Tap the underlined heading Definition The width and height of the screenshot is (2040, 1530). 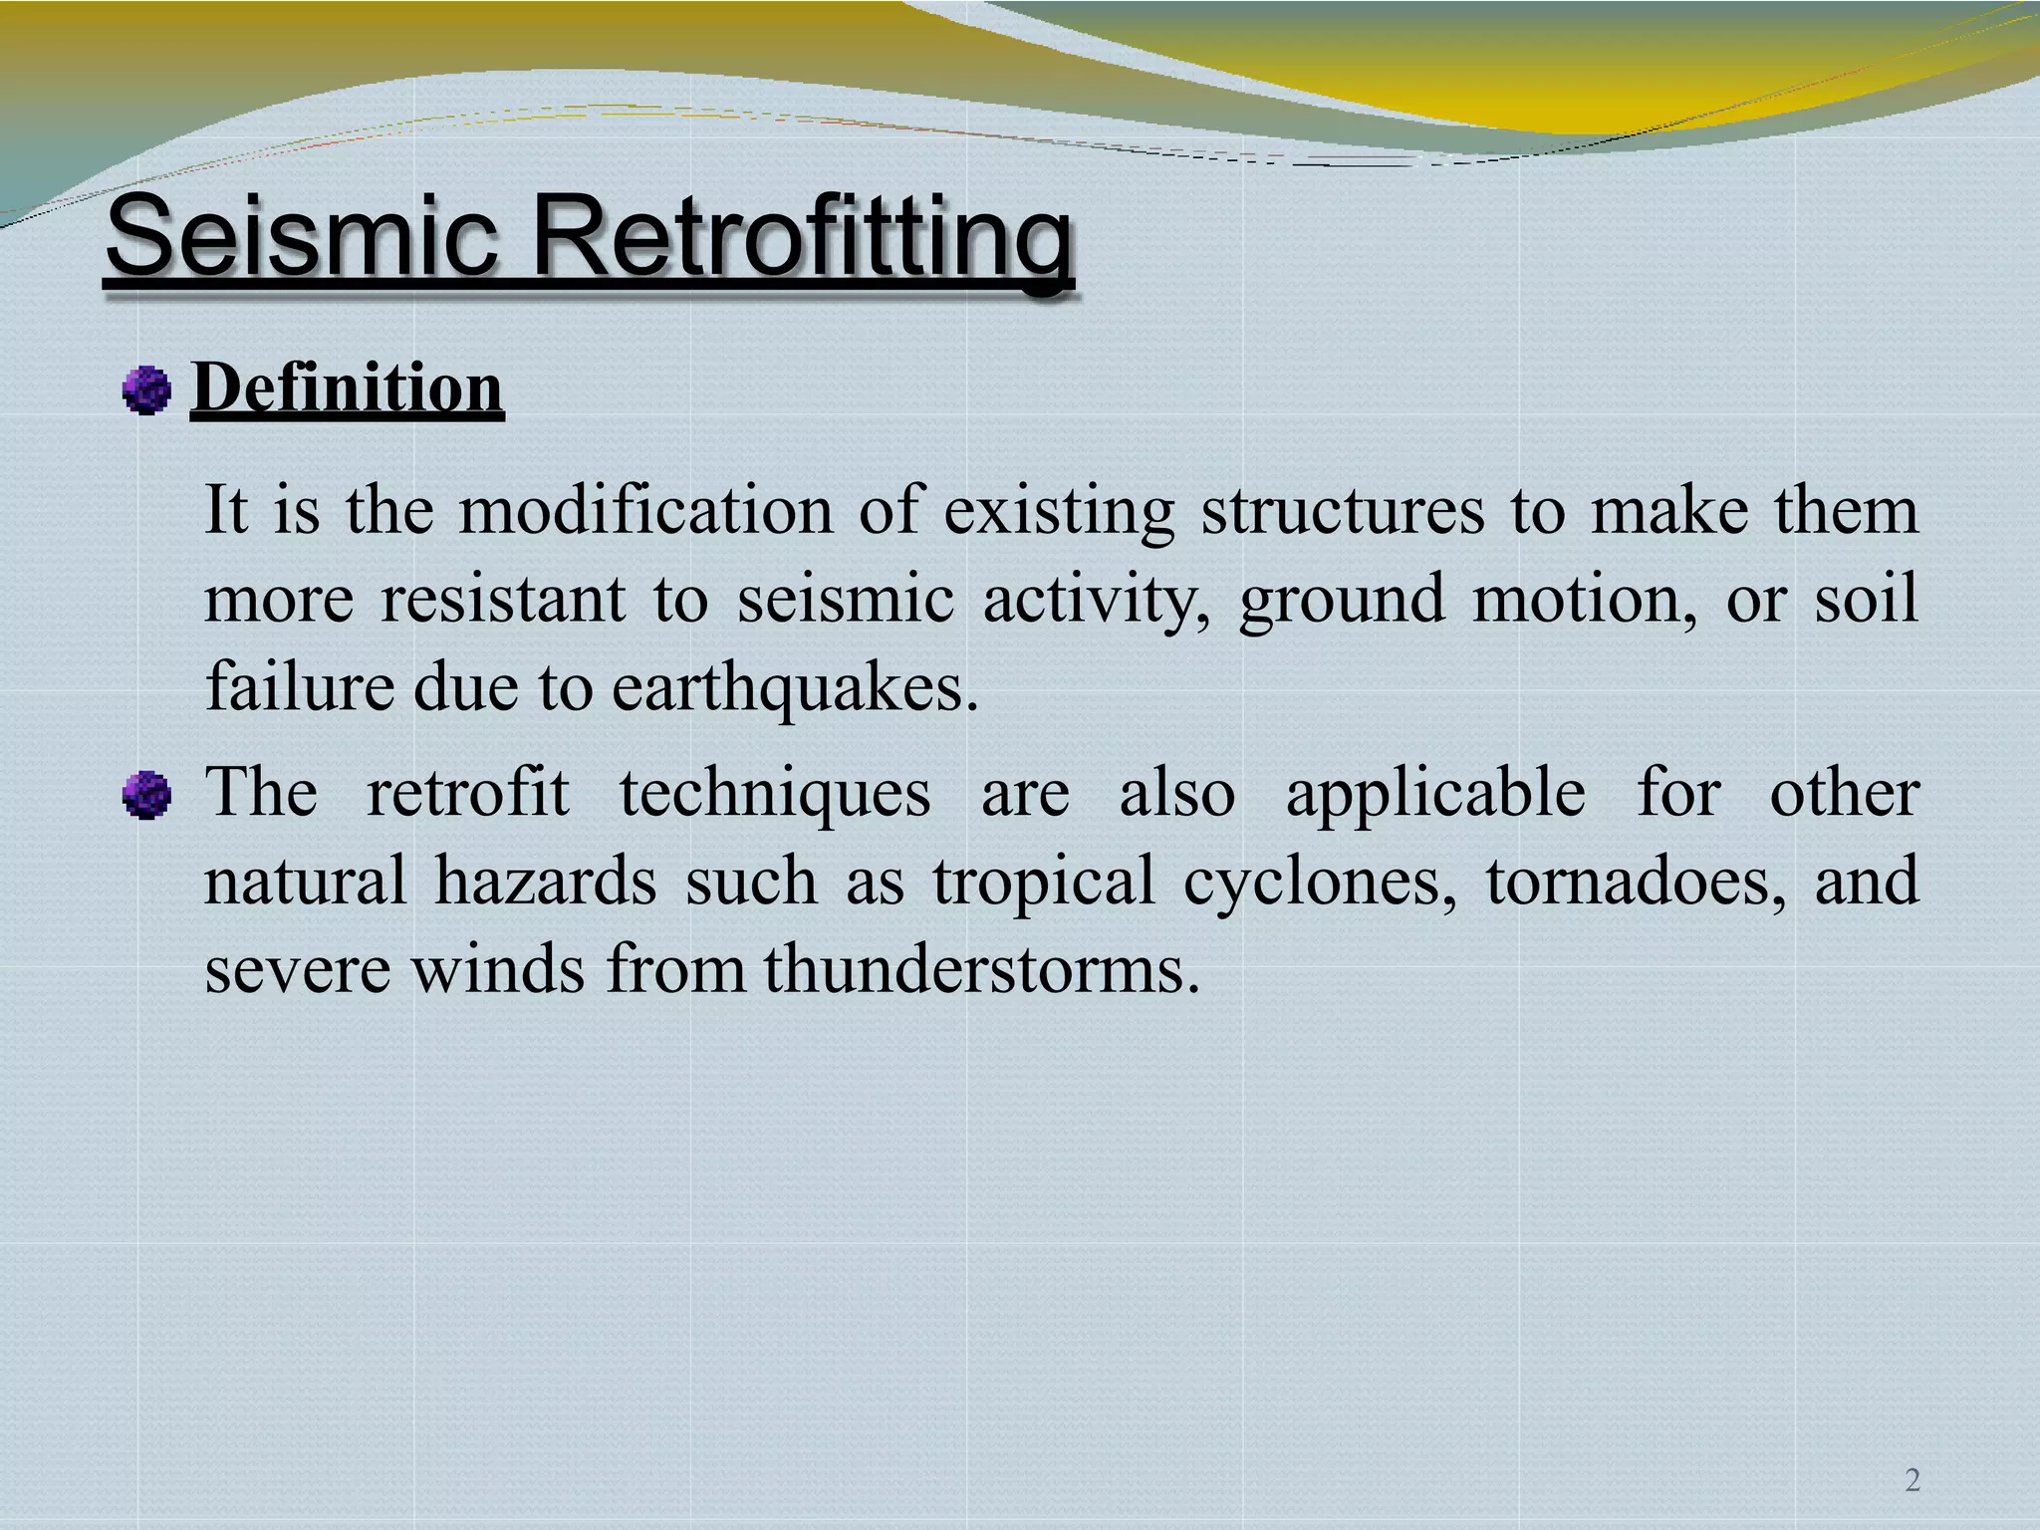tap(347, 387)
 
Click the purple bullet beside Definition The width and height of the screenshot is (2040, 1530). tap(146, 389)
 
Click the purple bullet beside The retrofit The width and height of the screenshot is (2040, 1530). tap(146, 795)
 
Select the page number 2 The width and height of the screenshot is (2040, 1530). tap(1912, 1480)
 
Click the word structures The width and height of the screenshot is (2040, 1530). tap(1342, 511)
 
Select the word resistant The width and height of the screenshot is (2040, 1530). tap(503, 600)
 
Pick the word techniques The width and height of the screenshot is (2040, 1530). tap(775, 795)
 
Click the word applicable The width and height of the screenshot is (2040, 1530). tap(1435, 795)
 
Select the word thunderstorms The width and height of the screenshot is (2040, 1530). tap(980, 969)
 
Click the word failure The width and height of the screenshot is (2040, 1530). tap(299, 688)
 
